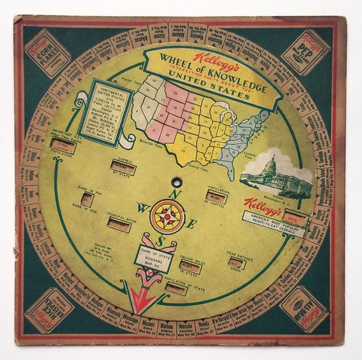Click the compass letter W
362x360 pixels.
point(143,207)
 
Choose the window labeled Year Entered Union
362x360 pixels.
point(237,264)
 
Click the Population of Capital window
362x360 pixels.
point(215,197)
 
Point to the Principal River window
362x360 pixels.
point(118,225)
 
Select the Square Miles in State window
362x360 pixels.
point(189,268)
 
